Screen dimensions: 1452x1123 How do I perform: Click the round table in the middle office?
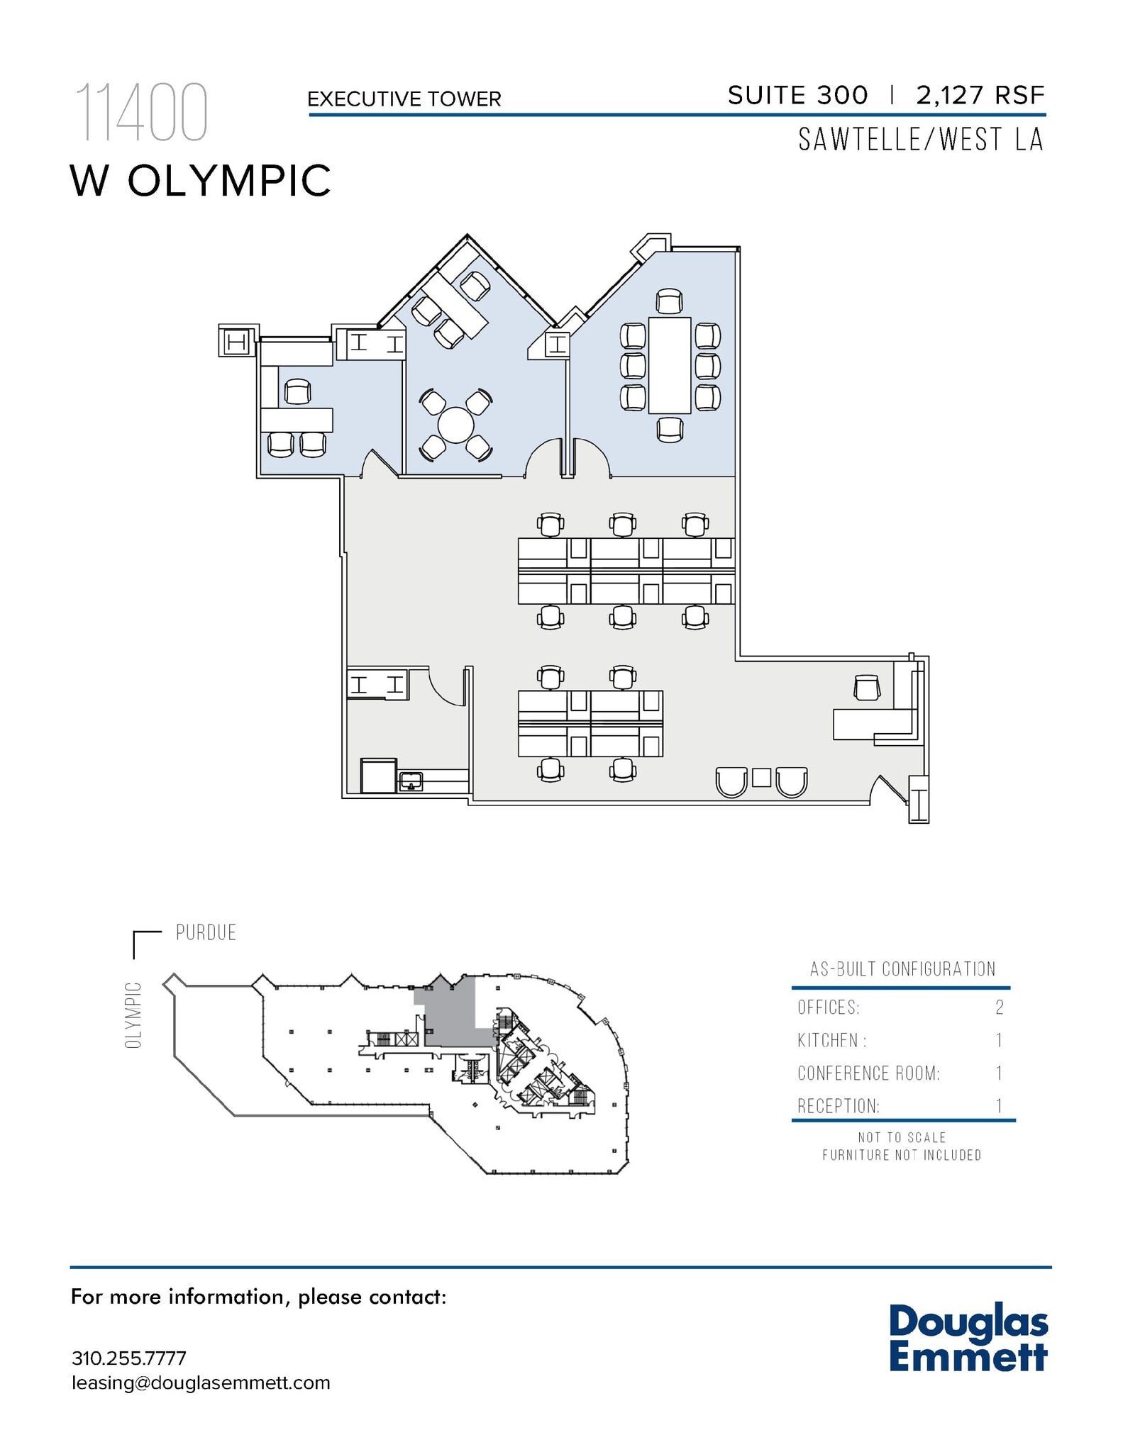(455, 425)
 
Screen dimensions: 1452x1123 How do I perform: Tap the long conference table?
(670, 365)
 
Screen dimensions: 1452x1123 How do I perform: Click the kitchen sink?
(411, 781)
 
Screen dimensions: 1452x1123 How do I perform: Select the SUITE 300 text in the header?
(797, 95)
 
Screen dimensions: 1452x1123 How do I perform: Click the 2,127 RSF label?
(980, 95)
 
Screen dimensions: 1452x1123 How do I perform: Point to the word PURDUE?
(206, 932)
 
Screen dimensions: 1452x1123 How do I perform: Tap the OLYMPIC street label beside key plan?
(133, 1015)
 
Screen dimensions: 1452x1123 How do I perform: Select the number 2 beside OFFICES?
(999, 1007)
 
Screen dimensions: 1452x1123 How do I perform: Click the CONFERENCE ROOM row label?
(868, 1073)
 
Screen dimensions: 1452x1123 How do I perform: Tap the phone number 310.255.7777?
(128, 1358)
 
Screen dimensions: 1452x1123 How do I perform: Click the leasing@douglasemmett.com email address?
(201, 1383)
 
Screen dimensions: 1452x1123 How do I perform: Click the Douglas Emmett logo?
(968, 1338)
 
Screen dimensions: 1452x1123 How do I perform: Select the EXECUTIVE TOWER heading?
(404, 99)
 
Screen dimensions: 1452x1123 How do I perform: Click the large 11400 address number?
(141, 112)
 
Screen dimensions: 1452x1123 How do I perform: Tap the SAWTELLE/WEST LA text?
(920, 140)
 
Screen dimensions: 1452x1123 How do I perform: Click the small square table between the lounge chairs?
(761, 777)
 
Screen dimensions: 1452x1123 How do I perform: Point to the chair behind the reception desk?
(867, 687)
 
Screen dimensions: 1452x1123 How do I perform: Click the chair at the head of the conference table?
(669, 301)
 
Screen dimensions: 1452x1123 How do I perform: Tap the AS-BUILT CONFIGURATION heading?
(902, 969)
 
